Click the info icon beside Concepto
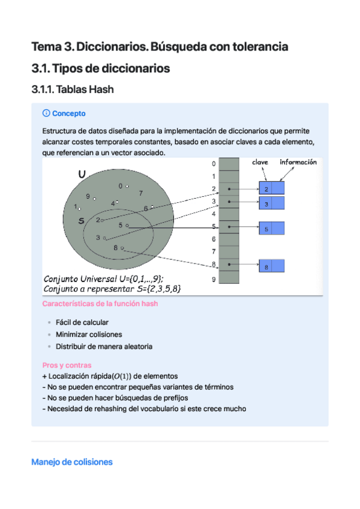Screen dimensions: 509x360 (x=46, y=113)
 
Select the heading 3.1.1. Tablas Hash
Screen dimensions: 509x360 (x=73, y=90)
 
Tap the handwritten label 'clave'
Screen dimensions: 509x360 (x=260, y=162)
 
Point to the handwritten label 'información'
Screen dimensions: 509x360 (x=298, y=162)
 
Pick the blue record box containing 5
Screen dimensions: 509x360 (x=271, y=229)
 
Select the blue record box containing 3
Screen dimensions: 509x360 (x=271, y=204)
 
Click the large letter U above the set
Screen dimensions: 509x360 (x=82, y=174)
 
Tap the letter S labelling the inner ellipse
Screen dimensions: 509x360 (x=81, y=220)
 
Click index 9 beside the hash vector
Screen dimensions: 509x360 (x=213, y=279)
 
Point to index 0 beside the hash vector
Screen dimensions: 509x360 (x=213, y=164)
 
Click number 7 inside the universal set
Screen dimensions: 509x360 (x=140, y=193)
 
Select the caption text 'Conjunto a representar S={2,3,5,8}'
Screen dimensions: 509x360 (x=112, y=289)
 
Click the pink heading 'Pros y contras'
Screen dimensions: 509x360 (x=67, y=365)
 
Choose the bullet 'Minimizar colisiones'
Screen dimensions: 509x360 (x=89, y=334)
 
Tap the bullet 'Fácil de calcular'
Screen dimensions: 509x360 (x=82, y=322)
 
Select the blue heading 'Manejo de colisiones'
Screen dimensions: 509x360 (x=71, y=462)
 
